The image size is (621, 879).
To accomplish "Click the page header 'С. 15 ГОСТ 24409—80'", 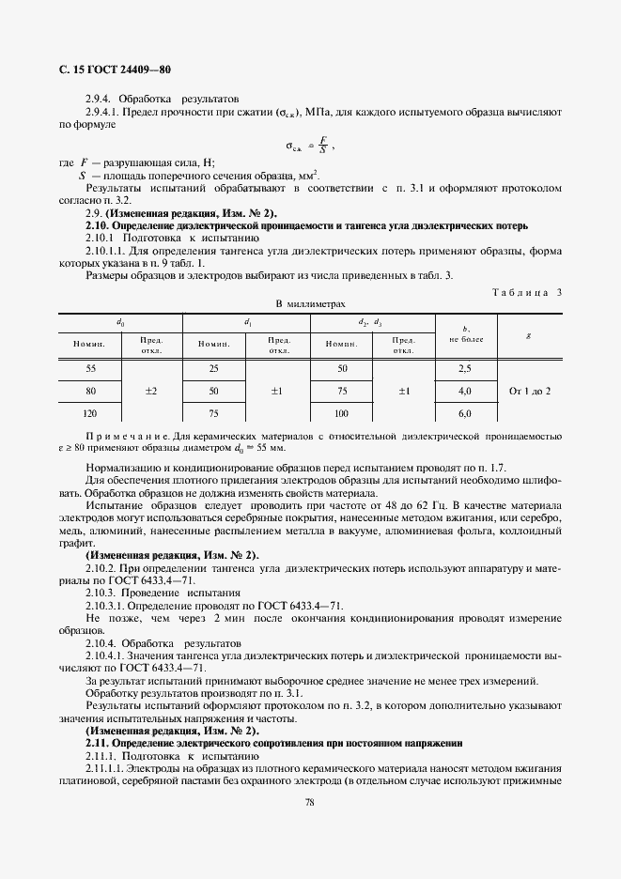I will pyautogui.click(x=109, y=70).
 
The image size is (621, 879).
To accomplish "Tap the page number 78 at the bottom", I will pyautogui.click(x=309, y=802).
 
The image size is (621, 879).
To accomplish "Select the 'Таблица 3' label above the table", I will pyautogui.click(x=526, y=292).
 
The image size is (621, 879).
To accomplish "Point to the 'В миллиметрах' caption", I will pyautogui.click(x=310, y=304).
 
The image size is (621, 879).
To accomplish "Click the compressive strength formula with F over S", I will pyautogui.click(x=309, y=146).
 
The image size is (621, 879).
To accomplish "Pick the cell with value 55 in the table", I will pyautogui.click(x=90, y=369).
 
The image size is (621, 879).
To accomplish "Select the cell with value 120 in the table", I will pyautogui.click(x=90, y=412).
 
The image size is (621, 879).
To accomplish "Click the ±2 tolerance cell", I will pyautogui.click(x=151, y=391).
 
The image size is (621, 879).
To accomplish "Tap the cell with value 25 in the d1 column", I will pyautogui.click(x=213, y=369).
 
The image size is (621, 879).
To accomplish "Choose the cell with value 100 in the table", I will pyautogui.click(x=341, y=412).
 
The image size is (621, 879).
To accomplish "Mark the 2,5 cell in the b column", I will pyautogui.click(x=464, y=369).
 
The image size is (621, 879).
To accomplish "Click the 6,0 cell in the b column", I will pyautogui.click(x=464, y=412).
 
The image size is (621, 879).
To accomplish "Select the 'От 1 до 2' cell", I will pyautogui.click(x=530, y=391).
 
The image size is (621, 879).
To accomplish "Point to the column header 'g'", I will pyautogui.click(x=529, y=334).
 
